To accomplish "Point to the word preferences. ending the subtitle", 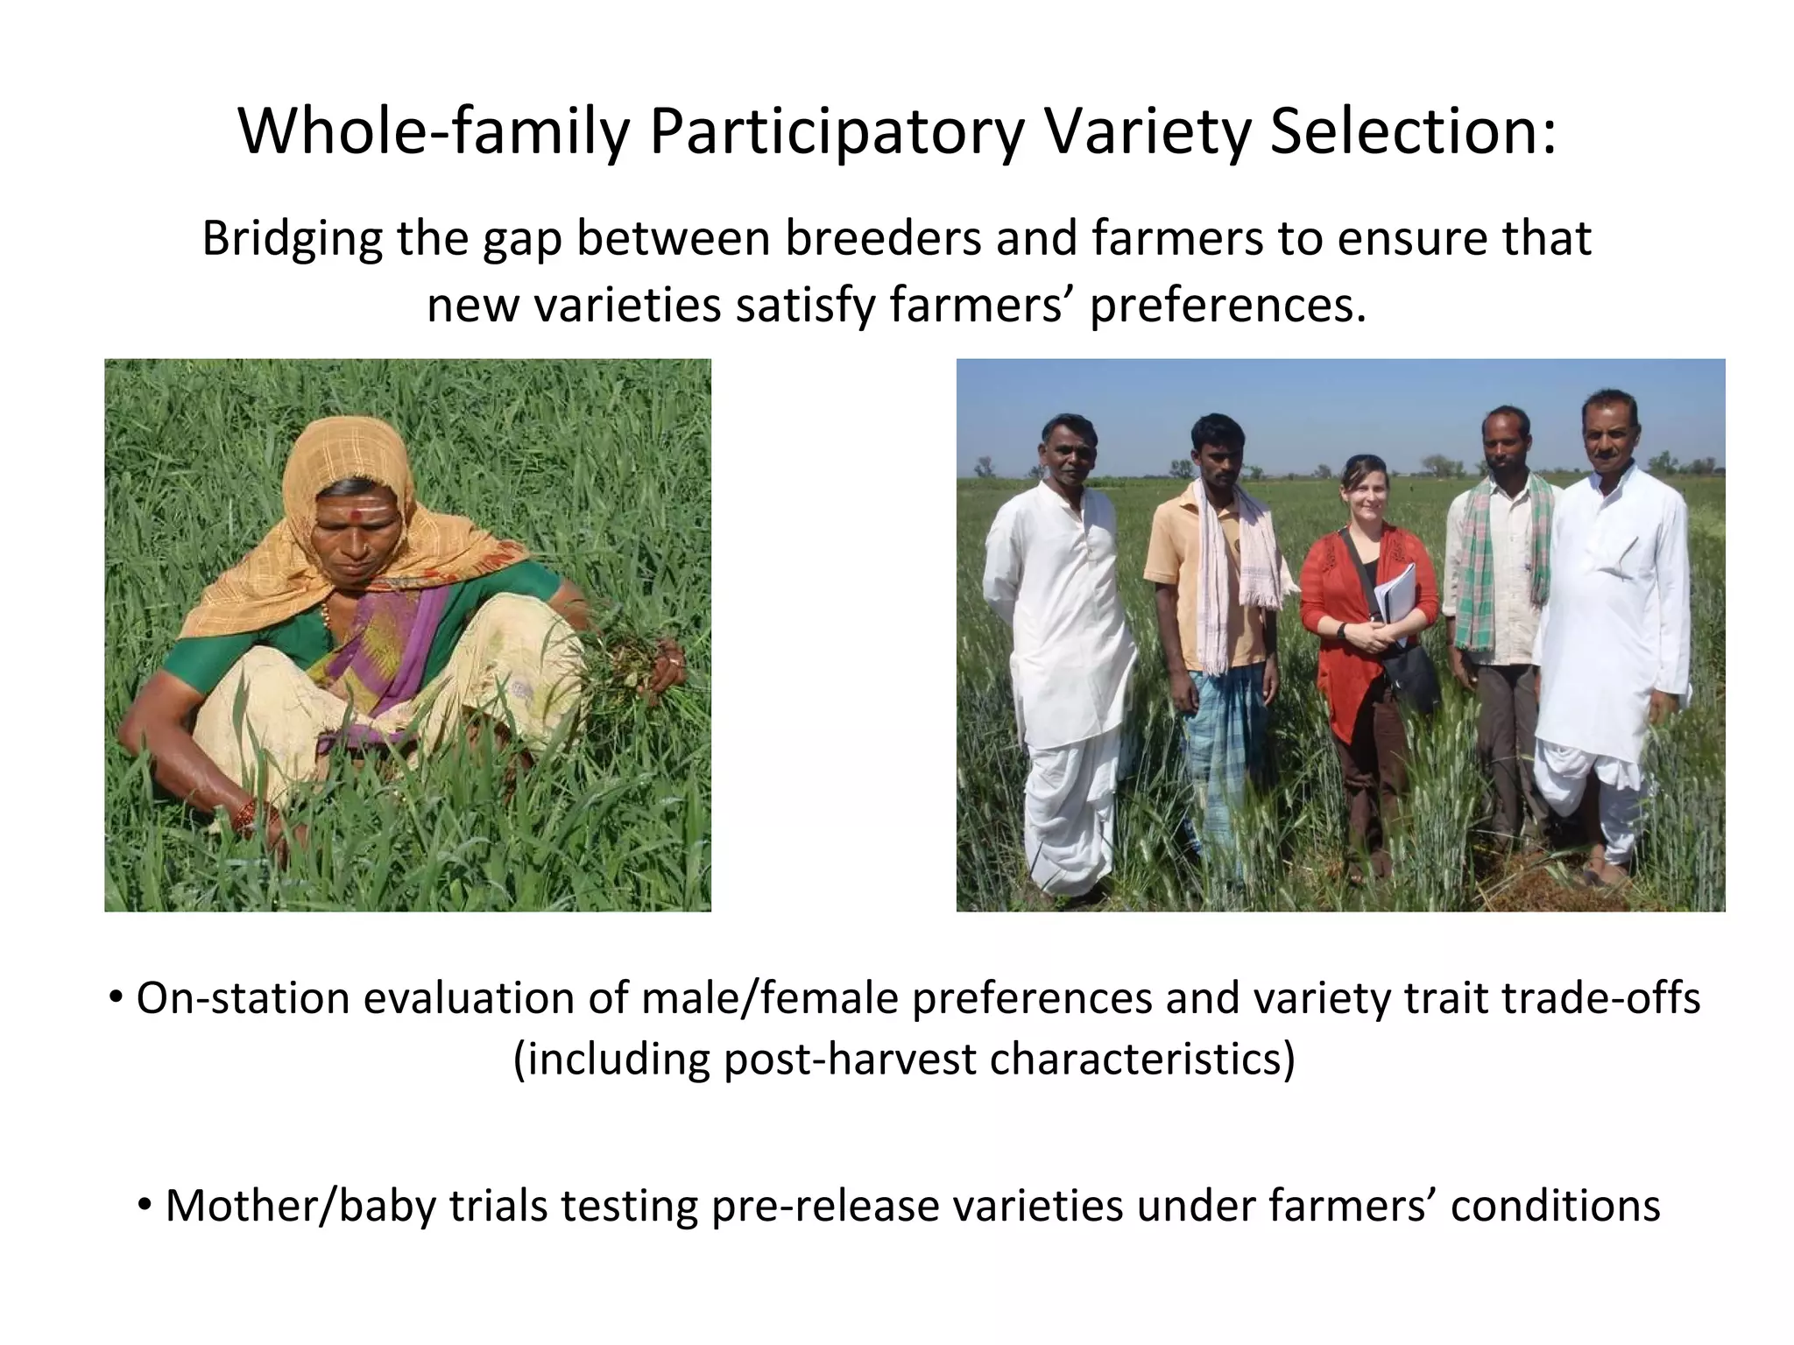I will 1227,306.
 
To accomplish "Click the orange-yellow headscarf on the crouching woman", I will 350,455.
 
